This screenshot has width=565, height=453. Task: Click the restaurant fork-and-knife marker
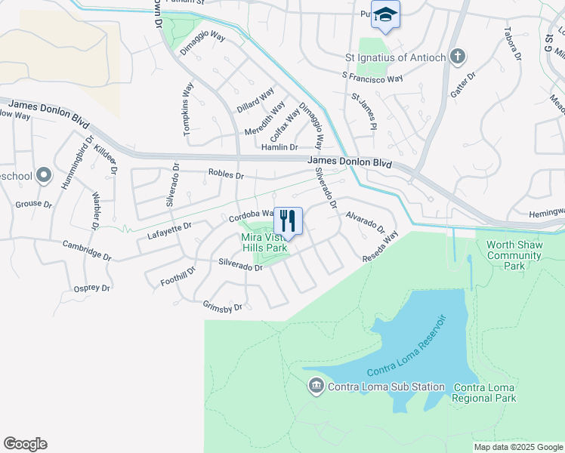click(x=288, y=221)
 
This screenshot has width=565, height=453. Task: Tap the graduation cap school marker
click(x=386, y=15)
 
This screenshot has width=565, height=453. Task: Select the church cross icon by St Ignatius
click(x=457, y=56)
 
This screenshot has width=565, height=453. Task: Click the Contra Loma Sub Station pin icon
click(x=316, y=387)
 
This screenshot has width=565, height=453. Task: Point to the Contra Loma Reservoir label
click(x=407, y=347)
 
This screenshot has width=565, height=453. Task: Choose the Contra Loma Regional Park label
click(x=484, y=393)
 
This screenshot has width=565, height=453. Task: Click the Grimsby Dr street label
click(x=222, y=307)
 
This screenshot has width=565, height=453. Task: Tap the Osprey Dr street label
click(x=92, y=288)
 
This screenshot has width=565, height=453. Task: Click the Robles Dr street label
click(x=227, y=175)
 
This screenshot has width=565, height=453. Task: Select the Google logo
click(x=26, y=444)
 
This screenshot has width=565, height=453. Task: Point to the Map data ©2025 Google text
click(x=517, y=447)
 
